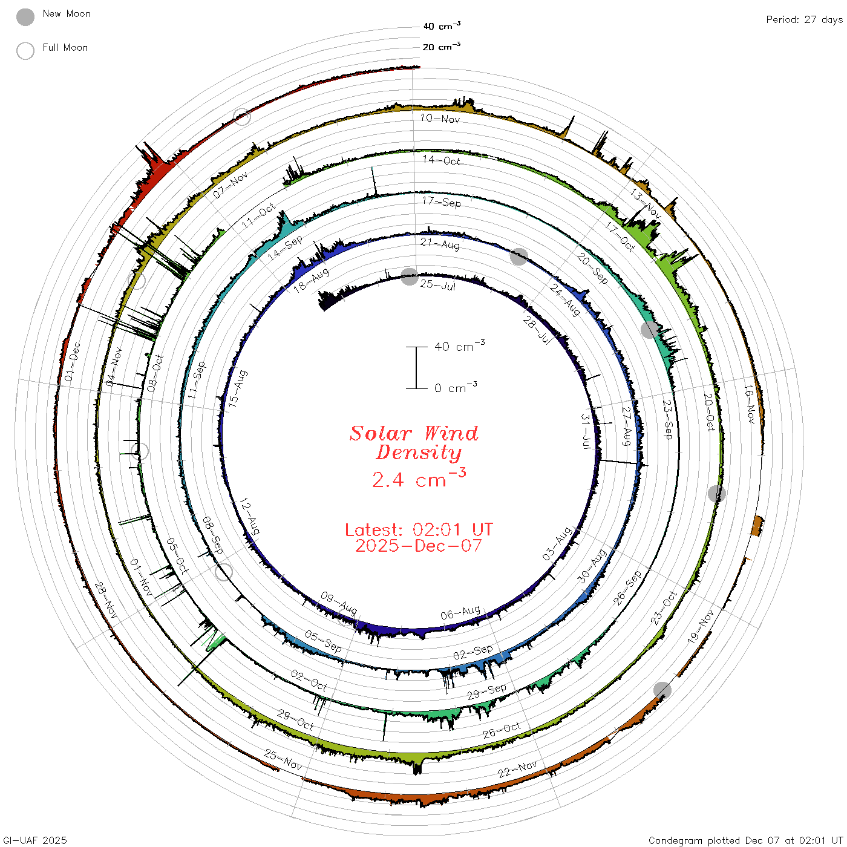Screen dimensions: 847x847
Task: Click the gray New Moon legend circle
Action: tap(25, 17)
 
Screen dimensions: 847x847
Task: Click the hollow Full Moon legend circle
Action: tap(25, 51)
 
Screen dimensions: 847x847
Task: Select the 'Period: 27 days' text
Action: tap(804, 20)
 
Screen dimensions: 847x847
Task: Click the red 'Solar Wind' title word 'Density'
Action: tap(418, 453)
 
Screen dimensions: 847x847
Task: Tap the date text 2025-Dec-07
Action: tap(418, 546)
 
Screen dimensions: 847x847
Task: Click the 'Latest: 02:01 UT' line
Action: tap(419, 529)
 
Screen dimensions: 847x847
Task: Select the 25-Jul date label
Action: tap(437, 285)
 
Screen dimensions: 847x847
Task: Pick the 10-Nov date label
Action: tap(440, 119)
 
